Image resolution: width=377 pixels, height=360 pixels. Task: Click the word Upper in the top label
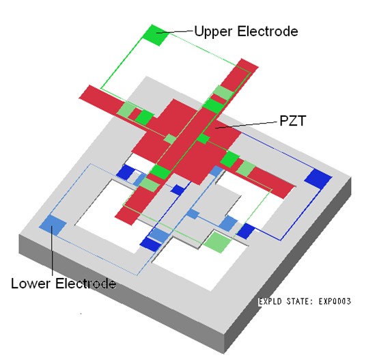coord(213,31)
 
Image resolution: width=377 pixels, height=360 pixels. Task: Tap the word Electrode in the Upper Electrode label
coord(268,31)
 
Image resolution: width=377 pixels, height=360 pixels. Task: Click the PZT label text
coord(292,120)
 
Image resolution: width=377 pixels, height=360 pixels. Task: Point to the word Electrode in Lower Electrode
coord(86,283)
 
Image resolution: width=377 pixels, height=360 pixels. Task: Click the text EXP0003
coord(335,301)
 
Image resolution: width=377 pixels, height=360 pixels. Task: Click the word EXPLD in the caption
coord(270,301)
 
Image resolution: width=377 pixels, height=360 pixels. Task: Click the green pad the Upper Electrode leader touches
coord(156,35)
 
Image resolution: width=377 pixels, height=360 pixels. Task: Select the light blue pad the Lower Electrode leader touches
coord(53,225)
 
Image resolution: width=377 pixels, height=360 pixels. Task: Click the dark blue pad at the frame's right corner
coord(318,179)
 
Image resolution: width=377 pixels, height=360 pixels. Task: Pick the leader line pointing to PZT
coord(246,125)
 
